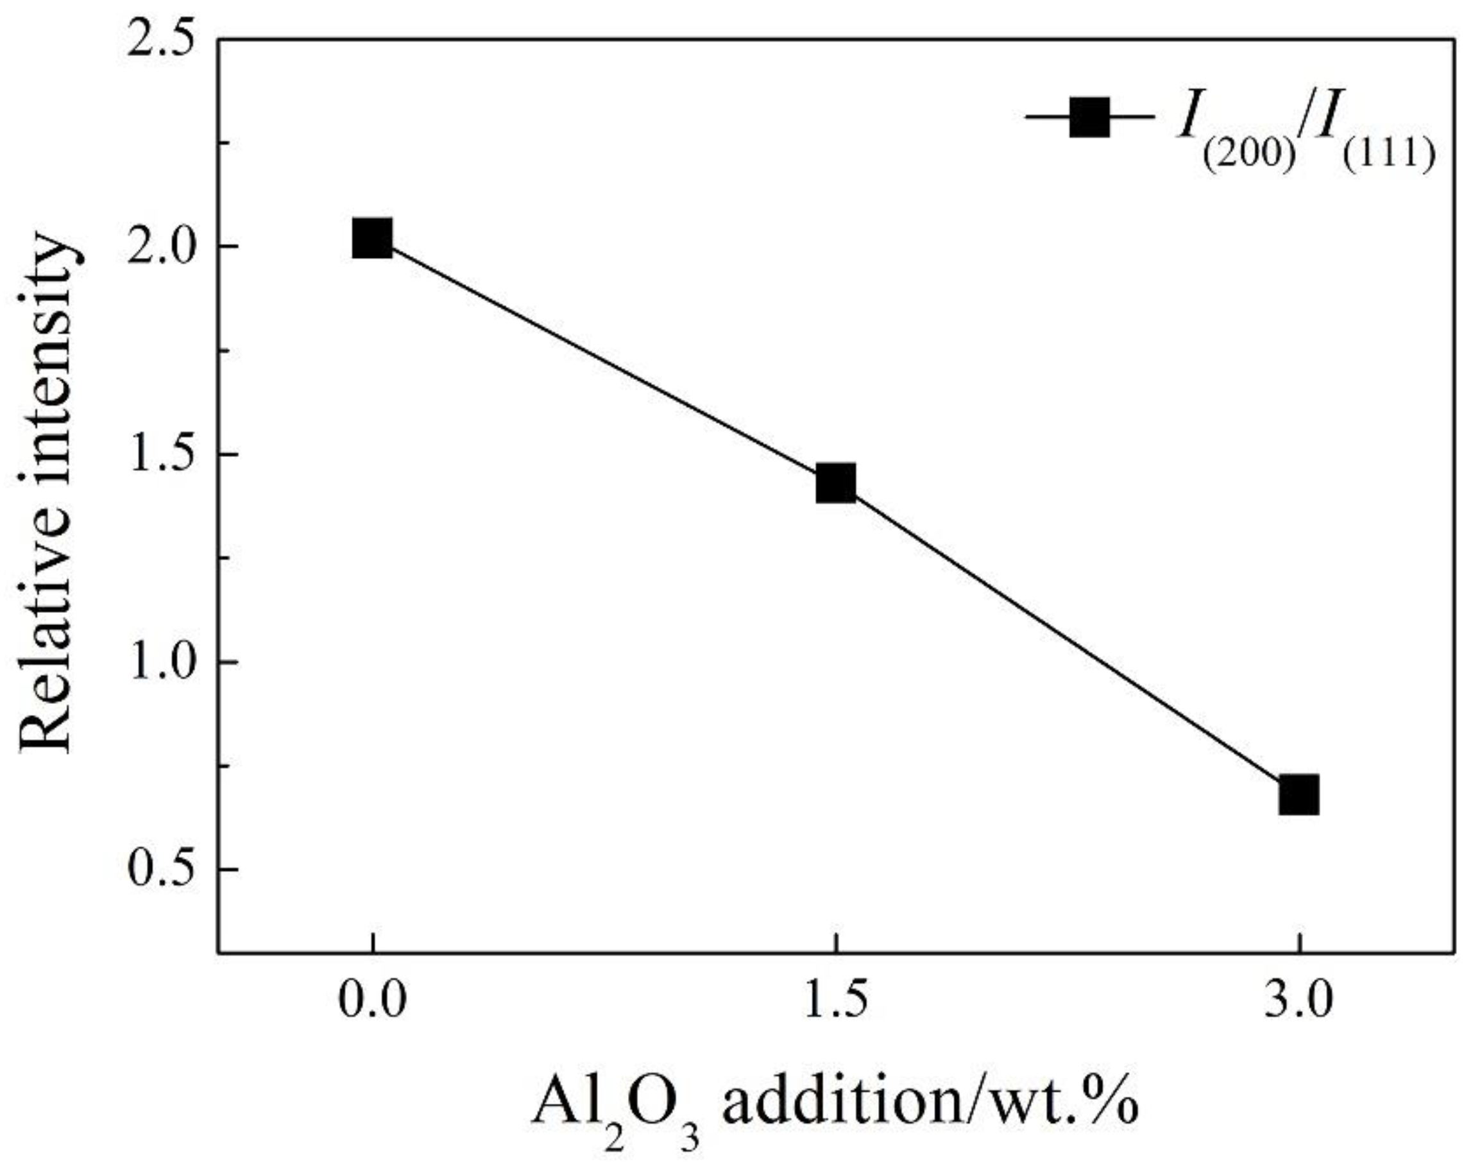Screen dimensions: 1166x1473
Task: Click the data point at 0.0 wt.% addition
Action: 372,239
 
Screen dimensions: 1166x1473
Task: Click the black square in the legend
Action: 1089,116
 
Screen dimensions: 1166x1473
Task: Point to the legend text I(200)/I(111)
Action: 1304,133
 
